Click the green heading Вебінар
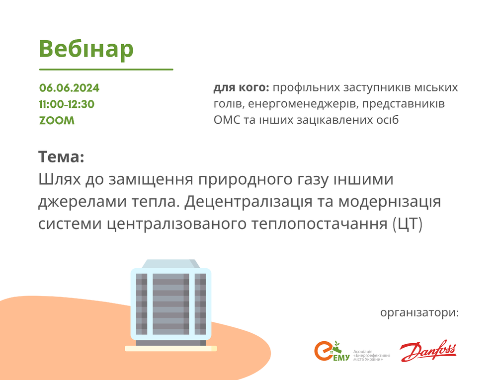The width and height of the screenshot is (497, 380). click(x=86, y=49)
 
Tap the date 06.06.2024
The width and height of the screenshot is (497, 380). click(x=70, y=88)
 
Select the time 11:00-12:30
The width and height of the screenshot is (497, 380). click(x=67, y=104)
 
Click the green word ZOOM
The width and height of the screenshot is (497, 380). click(x=57, y=121)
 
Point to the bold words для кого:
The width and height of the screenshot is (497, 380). click(x=241, y=88)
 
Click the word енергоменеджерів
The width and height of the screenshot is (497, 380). click(x=303, y=104)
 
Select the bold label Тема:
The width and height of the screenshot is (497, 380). click(x=61, y=157)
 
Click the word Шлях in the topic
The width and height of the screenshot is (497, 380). click(x=60, y=179)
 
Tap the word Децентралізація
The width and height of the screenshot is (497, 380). click(x=248, y=202)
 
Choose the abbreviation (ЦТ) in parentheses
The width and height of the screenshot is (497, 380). click(x=408, y=224)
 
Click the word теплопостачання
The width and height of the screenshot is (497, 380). click(x=320, y=224)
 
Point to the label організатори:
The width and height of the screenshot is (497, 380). click(x=419, y=313)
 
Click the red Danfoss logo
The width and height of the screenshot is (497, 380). click(x=427, y=351)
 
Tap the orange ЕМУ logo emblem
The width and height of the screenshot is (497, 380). click(x=331, y=351)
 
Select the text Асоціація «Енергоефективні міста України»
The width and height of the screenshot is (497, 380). click(x=371, y=355)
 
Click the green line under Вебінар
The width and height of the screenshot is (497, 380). click(x=106, y=69)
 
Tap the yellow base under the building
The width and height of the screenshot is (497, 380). click(x=171, y=348)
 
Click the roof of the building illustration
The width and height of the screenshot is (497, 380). click(x=171, y=264)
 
